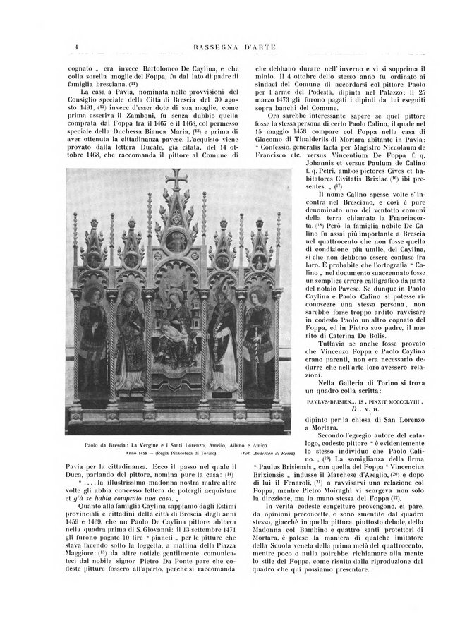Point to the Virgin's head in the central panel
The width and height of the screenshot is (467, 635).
coord(174,302)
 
